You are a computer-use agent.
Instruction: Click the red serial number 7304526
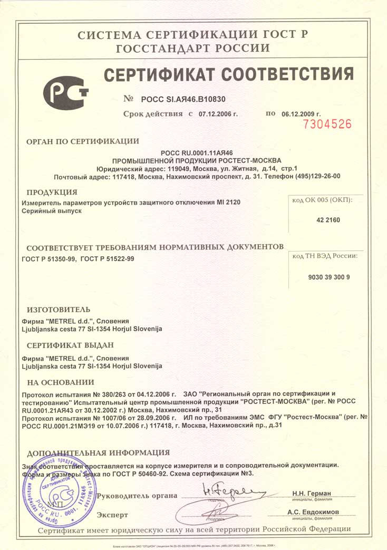coord(326,124)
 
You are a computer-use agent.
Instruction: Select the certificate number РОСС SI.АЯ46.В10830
coord(183,99)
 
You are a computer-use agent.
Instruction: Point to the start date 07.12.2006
coord(218,114)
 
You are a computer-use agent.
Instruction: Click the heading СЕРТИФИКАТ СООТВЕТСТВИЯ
coord(228,75)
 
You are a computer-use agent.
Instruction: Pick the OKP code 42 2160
coord(328,220)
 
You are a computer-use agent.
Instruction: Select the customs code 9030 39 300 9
coord(328,277)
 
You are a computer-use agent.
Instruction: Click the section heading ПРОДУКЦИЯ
coord(52,192)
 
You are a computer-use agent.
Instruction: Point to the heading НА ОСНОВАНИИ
coord(60,382)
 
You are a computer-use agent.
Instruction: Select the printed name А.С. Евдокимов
coord(313,512)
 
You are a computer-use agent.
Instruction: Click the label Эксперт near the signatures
coord(112,515)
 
